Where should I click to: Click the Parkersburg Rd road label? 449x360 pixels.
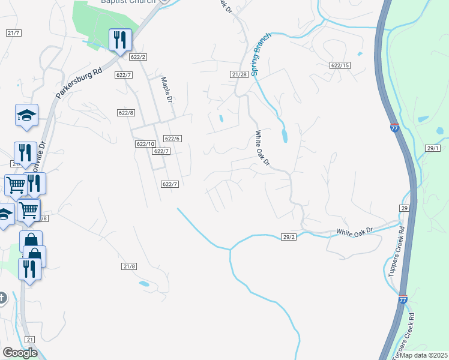coord(80,82)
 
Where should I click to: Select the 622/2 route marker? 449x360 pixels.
coord(138,57)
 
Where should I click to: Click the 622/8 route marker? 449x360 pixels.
coord(126,113)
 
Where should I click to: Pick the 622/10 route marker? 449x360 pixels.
coord(145,144)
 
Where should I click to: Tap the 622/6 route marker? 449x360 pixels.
coord(172,139)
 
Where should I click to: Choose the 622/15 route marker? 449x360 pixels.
coord(340,65)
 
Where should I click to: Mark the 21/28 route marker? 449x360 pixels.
coord(239,74)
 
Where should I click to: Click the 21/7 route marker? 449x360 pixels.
coord(14,33)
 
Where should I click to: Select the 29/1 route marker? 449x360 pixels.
coord(433,148)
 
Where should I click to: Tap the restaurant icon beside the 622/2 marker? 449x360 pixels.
coord(119,40)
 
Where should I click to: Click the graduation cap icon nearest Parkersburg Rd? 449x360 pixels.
coord(26,115)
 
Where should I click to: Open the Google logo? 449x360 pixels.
coord(19,353)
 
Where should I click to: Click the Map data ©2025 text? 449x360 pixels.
coord(423,355)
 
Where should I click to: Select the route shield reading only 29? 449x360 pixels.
coord(405,208)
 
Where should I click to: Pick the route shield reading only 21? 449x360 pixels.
coord(30,340)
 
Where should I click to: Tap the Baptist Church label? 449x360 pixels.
coord(128,2)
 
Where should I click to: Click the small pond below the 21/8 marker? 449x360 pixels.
coord(143,284)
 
